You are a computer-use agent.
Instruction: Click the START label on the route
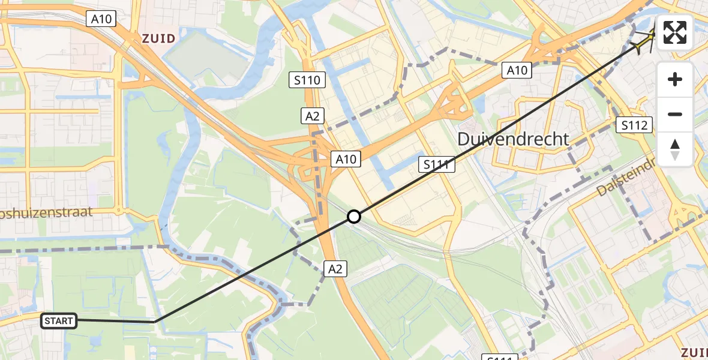click(58, 321)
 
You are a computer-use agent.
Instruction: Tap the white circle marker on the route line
click(354, 217)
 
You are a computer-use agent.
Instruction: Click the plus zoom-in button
click(675, 79)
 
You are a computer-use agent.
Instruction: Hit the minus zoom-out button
click(675, 114)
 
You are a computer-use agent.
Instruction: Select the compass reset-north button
click(675, 149)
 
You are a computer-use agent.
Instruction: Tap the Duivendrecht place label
click(513, 139)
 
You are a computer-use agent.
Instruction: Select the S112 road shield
click(635, 125)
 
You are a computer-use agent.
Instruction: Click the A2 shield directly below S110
click(313, 116)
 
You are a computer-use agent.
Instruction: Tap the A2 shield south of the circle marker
click(335, 269)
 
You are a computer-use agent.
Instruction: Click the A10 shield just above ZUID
click(101, 19)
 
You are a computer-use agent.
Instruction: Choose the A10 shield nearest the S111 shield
click(346, 159)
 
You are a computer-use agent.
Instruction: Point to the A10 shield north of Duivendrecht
click(517, 71)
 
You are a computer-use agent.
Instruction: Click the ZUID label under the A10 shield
click(159, 39)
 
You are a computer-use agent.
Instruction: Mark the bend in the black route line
click(155, 322)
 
